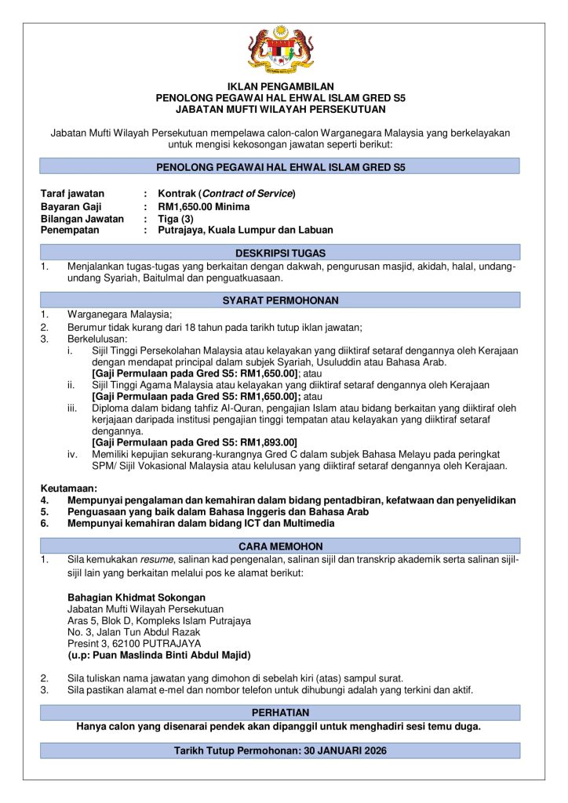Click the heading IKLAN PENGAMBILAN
(x=280, y=86)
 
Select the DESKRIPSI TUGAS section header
(x=280, y=253)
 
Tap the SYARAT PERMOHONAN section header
(x=280, y=300)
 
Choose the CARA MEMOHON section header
(x=280, y=546)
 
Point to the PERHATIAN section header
(x=280, y=712)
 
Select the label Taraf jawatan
(x=72, y=194)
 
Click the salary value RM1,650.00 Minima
(x=204, y=206)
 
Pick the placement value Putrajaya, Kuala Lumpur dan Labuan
(x=246, y=231)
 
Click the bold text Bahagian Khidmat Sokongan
(x=136, y=597)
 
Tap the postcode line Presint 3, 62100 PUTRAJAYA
(x=134, y=643)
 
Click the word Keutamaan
(x=69, y=489)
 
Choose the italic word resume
(x=156, y=560)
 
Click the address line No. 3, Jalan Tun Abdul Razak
(x=134, y=631)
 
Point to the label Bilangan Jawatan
(x=82, y=219)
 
